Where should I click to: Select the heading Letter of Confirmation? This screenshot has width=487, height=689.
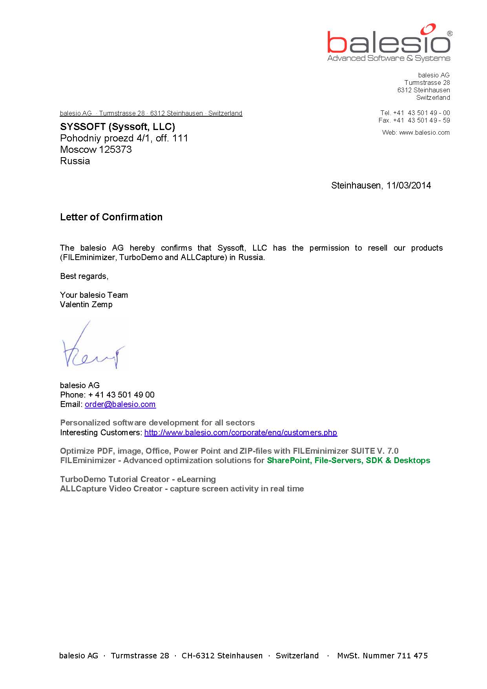[111, 217]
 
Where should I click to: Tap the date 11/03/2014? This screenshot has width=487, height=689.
[409, 185]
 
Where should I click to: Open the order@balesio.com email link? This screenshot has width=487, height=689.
[120, 404]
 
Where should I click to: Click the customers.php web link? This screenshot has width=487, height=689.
[241, 432]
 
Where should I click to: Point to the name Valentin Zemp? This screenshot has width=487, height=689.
[86, 304]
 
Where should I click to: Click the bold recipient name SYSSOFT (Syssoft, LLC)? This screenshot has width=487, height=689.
[117, 126]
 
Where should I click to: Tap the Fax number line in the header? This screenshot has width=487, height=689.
[414, 120]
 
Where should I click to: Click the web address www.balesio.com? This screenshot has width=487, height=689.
[424, 133]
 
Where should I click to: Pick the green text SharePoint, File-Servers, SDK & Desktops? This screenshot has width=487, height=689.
[348, 460]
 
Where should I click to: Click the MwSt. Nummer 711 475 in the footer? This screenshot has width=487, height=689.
[382, 655]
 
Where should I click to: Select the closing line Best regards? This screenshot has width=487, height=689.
[84, 276]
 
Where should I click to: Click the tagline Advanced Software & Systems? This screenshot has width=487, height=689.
[389, 59]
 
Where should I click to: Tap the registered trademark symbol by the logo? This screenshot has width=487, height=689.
[449, 34]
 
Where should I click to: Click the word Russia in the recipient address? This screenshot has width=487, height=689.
[75, 161]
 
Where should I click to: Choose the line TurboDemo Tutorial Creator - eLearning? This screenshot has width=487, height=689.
[138, 479]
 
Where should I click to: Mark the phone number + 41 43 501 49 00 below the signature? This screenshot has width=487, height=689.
[121, 395]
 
